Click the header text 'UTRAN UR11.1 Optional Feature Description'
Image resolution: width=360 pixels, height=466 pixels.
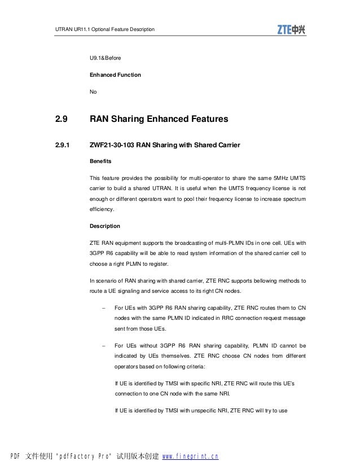point(104,29)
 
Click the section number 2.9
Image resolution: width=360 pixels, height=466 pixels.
point(62,120)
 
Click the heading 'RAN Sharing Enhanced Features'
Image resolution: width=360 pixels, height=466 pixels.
point(159,120)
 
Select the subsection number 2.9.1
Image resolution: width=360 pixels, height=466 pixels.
point(62,146)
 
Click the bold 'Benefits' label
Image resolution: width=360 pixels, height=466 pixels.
point(102,161)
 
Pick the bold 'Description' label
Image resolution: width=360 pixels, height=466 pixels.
point(105,226)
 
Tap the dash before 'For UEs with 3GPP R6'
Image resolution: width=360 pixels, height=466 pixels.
point(103,308)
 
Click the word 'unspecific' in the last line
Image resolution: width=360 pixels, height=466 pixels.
point(200,411)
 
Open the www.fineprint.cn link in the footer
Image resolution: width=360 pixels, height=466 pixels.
point(190,456)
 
